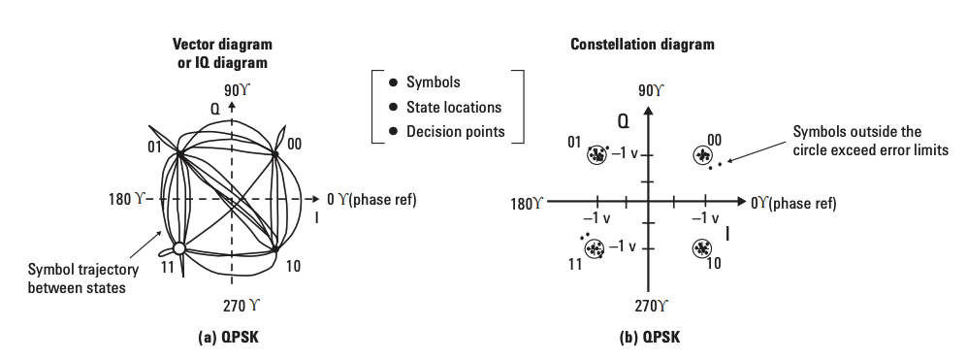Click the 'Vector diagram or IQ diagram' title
(222, 53)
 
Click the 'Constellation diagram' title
(642, 45)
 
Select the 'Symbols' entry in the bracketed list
(434, 82)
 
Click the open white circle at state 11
(178, 248)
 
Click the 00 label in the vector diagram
(294, 144)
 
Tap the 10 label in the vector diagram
(295, 264)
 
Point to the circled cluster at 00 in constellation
(701, 155)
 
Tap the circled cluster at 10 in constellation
(701, 248)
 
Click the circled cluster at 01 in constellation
(596, 154)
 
